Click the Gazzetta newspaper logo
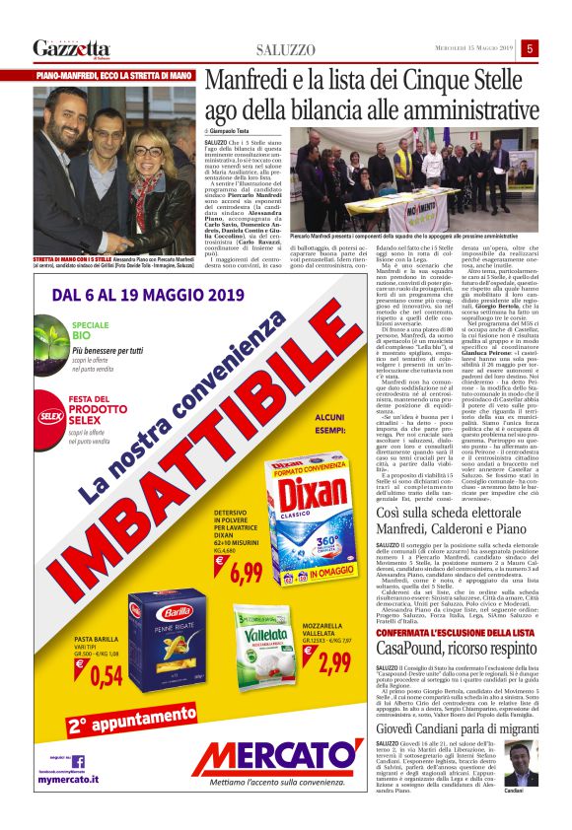[x=71, y=47]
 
